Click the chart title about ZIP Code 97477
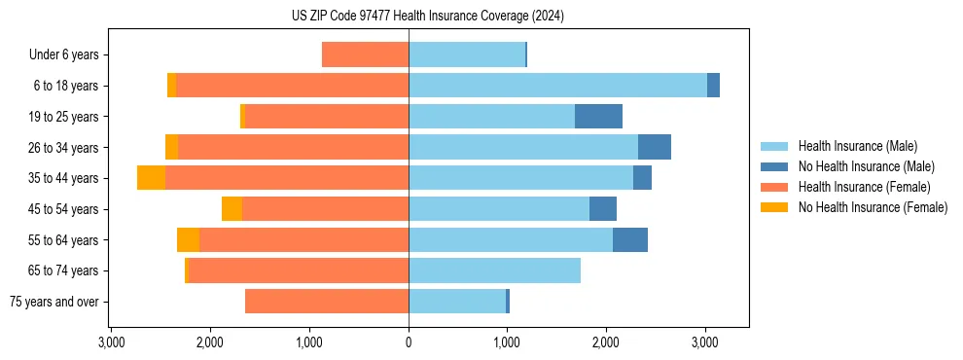(x=427, y=16)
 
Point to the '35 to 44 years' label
(x=63, y=178)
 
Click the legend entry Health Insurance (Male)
(x=856, y=146)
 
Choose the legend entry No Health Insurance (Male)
(x=865, y=166)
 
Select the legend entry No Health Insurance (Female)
(x=872, y=207)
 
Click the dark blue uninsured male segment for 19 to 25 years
(x=598, y=117)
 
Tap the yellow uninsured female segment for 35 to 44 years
(x=151, y=178)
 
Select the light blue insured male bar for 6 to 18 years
(x=557, y=86)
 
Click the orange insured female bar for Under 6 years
(x=365, y=55)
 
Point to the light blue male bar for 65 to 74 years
(x=494, y=270)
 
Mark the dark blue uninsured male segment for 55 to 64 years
(x=630, y=239)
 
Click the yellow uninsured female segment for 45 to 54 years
(x=232, y=209)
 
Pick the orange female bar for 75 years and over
(x=327, y=302)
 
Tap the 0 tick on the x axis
(x=409, y=343)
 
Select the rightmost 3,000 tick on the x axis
(x=705, y=343)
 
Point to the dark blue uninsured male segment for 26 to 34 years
(x=655, y=147)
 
